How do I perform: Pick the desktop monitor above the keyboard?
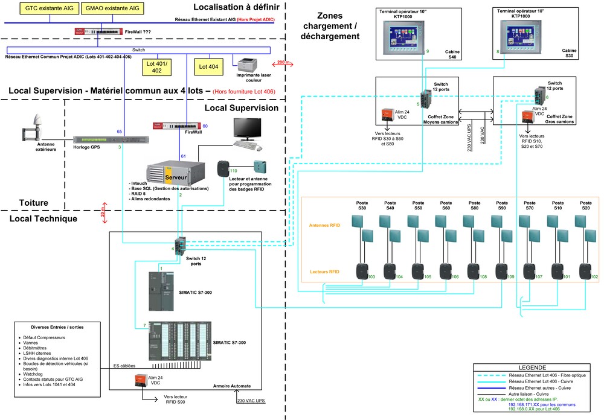[248, 128]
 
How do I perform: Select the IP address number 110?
[233, 171]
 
